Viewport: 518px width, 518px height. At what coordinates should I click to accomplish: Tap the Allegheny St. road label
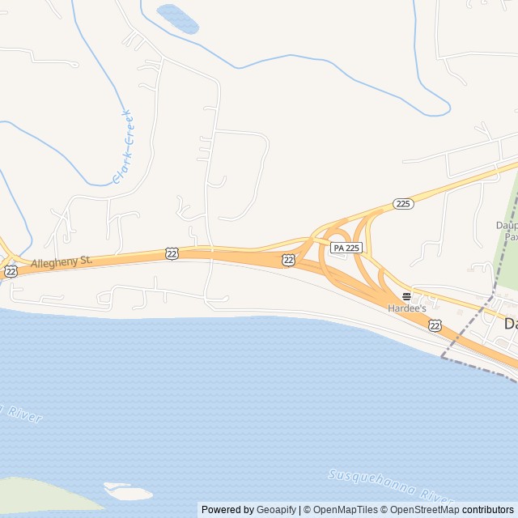coord(62,262)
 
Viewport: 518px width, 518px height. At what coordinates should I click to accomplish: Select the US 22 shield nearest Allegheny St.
coord(171,253)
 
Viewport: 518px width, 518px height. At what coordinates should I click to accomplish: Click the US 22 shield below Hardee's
coord(435,325)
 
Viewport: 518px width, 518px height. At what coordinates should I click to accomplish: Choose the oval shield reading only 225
coord(404,203)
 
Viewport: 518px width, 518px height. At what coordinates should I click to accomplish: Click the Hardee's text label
coord(406,308)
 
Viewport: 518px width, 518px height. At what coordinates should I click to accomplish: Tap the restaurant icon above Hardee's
coord(406,296)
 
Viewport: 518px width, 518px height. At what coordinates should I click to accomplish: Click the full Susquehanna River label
coord(390,485)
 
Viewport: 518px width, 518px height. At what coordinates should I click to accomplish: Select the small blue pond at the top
coord(178,18)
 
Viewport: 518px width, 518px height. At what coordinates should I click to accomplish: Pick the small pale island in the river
coord(128,491)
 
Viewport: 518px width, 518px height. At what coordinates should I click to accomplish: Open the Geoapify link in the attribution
coord(277,510)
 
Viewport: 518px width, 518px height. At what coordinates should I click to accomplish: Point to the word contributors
coord(488,510)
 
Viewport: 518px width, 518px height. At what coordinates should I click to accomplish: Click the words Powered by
coord(227,510)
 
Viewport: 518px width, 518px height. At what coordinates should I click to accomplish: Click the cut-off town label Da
coord(510,323)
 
